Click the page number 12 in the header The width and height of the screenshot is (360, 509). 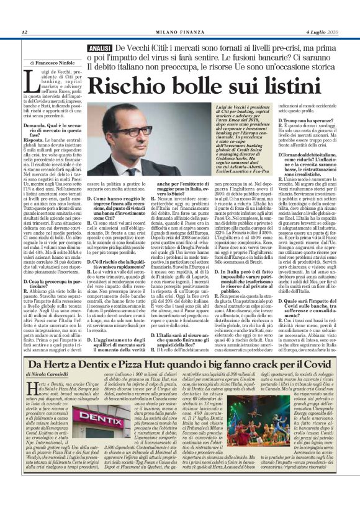click(24, 32)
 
